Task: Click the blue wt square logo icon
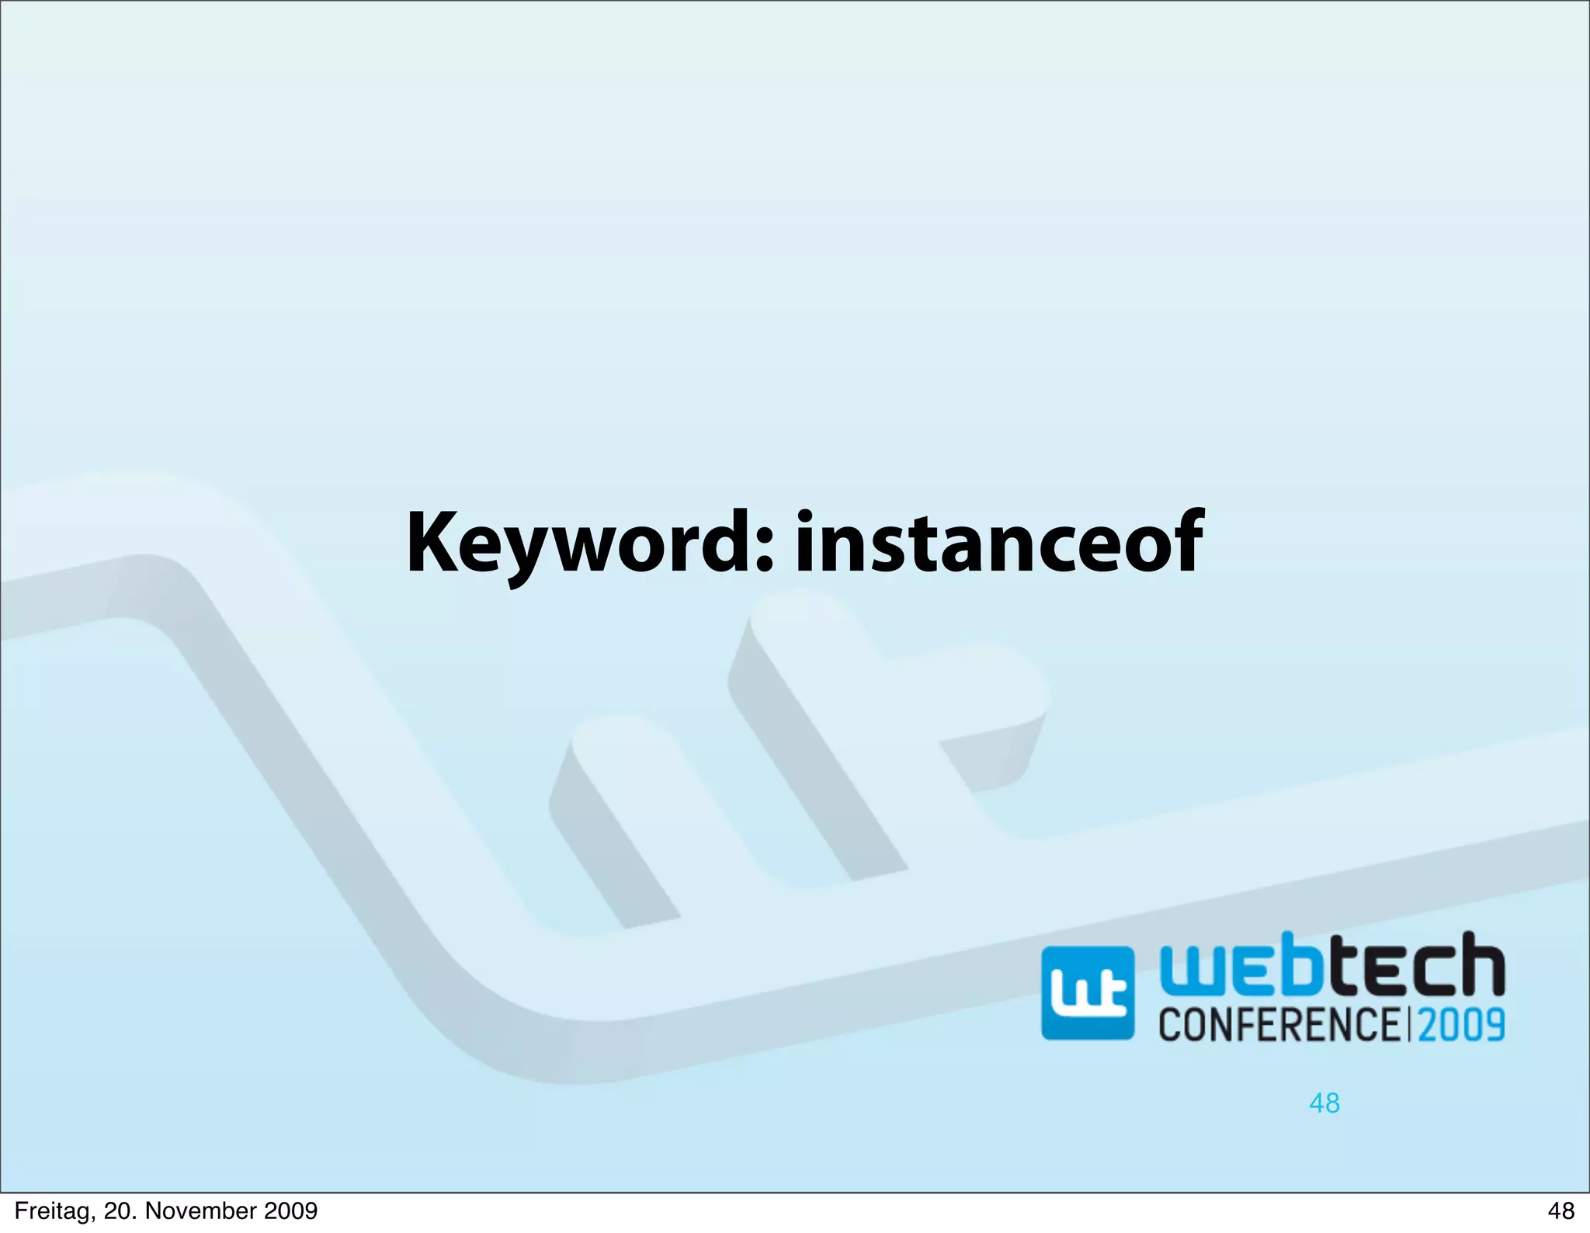pos(1087,993)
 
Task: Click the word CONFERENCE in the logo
pos(1279,1023)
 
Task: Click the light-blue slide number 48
pos(1324,1103)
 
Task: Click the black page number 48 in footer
pos(1560,1210)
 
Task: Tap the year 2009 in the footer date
pos(292,1210)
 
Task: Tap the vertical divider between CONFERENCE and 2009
pos(1409,1023)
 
